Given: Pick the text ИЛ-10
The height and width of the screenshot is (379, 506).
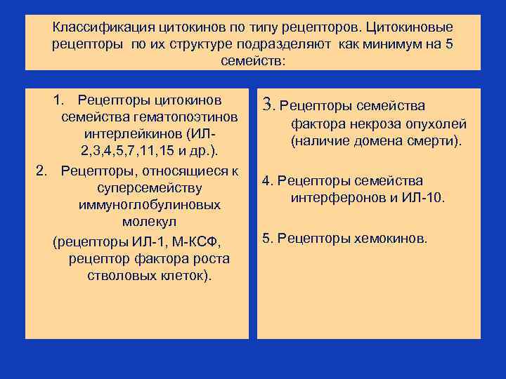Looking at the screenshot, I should [x=424, y=198].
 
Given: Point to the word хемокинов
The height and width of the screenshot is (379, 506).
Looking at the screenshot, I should [x=389, y=238].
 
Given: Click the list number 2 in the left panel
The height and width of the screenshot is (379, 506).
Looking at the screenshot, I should [x=41, y=171].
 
